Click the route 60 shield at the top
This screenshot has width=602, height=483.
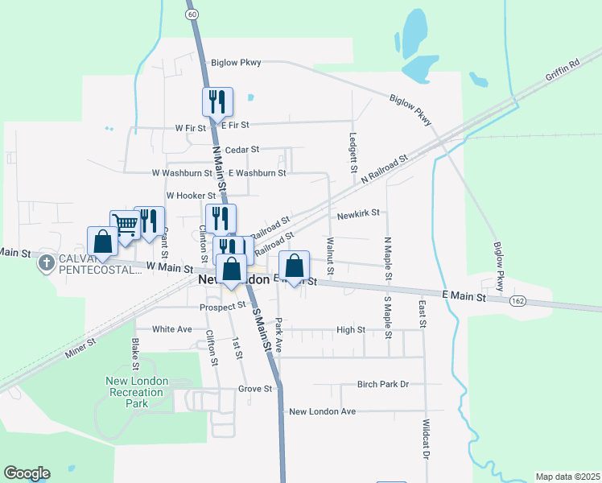click(191, 14)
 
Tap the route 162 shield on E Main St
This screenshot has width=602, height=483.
click(517, 300)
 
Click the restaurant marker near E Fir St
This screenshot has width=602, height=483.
click(217, 102)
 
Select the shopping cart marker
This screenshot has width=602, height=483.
click(125, 225)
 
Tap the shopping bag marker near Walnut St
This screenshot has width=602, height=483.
click(295, 266)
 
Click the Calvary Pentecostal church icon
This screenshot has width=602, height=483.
click(47, 263)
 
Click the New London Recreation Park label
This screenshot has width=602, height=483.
click(137, 391)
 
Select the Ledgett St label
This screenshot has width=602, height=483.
click(353, 153)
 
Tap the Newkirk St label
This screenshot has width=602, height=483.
click(358, 214)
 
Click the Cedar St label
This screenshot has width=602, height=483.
click(242, 150)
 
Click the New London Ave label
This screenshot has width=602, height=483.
click(322, 411)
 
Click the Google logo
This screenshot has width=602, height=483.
click(27, 473)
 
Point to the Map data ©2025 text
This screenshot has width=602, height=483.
click(567, 477)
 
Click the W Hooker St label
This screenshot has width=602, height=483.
click(191, 196)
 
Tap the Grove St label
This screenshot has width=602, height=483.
click(255, 389)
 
